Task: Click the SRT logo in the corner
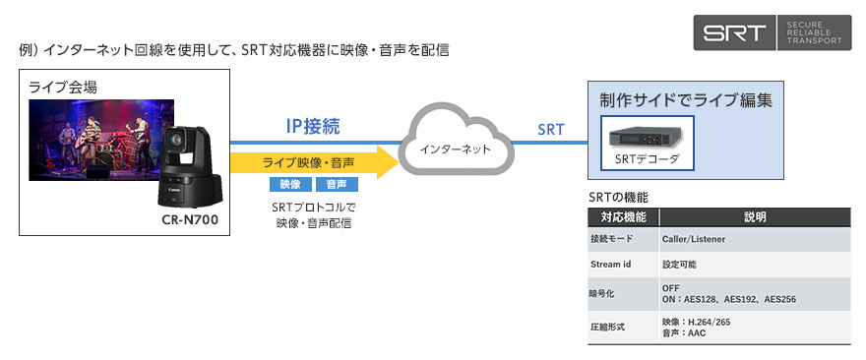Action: pyautogui.click(x=773, y=32)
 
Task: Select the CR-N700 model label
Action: pyautogui.click(x=190, y=220)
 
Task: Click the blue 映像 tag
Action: pyautogui.click(x=290, y=184)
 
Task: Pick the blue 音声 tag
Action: pyautogui.click(x=337, y=184)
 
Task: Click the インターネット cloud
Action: pyautogui.click(x=455, y=146)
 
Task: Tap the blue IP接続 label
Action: pyautogui.click(x=313, y=127)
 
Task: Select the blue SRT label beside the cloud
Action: pyautogui.click(x=551, y=130)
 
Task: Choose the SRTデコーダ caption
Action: pyautogui.click(x=647, y=159)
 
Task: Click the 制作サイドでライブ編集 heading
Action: pyautogui.click(x=685, y=101)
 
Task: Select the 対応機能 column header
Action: pyautogui.click(x=623, y=217)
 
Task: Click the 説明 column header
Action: pyautogui.click(x=755, y=217)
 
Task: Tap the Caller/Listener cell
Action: pyautogui.click(x=694, y=240)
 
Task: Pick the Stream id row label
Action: pyautogui.click(x=610, y=265)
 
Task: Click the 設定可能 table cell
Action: pyautogui.click(x=679, y=265)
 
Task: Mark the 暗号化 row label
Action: pyautogui.click(x=601, y=294)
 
